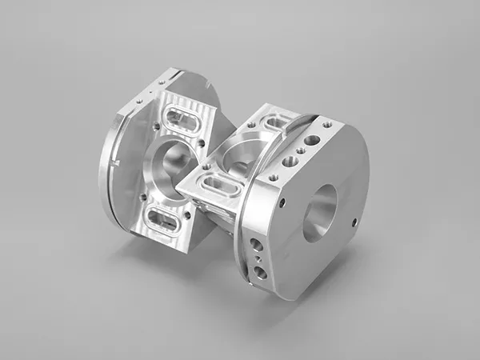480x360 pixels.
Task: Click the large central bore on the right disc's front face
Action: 321,212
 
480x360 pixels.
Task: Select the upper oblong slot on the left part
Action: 184,123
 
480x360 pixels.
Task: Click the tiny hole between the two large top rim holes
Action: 301,150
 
